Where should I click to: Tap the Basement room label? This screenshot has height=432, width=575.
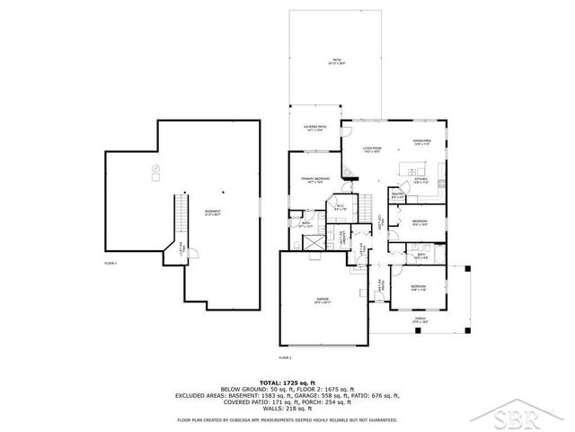point(212,212)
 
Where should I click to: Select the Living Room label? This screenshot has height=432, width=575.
point(372,149)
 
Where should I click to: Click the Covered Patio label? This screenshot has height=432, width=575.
point(315,129)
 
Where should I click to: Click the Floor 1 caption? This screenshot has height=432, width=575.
point(111,262)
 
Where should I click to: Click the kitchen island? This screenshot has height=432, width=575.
point(416,169)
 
